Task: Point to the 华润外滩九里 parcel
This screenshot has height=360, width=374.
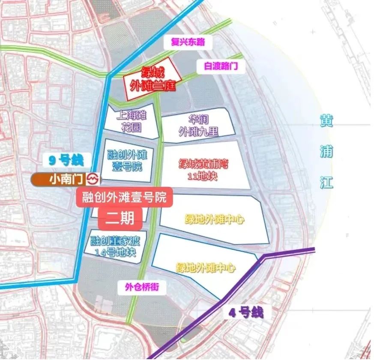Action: point(198,124)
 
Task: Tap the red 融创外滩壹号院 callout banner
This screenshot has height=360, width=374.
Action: point(124,198)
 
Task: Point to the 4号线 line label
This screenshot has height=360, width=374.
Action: point(245,313)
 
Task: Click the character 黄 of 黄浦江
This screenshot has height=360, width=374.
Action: point(326,121)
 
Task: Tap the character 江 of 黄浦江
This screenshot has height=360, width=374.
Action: point(326,183)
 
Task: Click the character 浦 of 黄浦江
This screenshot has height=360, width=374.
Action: point(326,152)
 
